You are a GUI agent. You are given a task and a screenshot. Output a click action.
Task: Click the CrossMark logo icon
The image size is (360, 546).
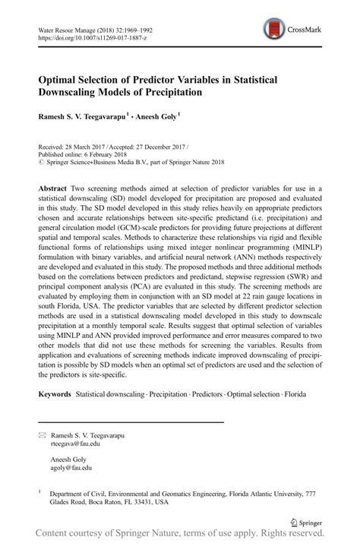pyautogui.click(x=270, y=31)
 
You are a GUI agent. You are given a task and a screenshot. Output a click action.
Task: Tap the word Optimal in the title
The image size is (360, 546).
pyautogui.click(x=54, y=79)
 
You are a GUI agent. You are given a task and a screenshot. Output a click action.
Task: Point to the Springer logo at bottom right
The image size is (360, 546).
pyautogui.click(x=311, y=522)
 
